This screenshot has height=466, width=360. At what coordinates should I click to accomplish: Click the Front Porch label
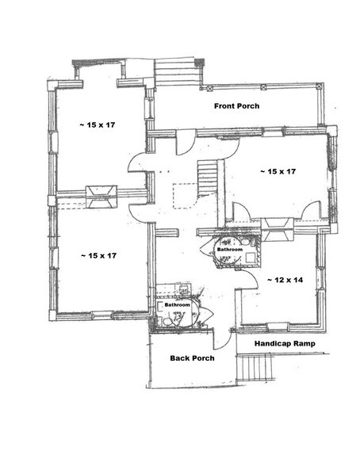pos(237,105)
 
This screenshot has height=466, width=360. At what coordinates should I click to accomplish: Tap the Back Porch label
pos(193,357)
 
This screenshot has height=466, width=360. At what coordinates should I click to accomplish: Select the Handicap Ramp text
pos(285,344)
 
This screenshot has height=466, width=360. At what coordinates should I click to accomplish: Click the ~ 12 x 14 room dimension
pos(285,280)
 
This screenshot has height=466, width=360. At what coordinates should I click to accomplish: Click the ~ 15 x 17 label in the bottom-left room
pos(99,255)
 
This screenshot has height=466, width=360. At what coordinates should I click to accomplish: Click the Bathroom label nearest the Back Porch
pos(177,304)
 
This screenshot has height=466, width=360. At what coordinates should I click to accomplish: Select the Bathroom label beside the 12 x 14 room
pos(230,249)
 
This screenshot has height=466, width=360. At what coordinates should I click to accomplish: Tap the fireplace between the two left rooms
pos(101,196)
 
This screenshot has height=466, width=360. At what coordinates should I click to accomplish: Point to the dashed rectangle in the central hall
pos(186,195)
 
